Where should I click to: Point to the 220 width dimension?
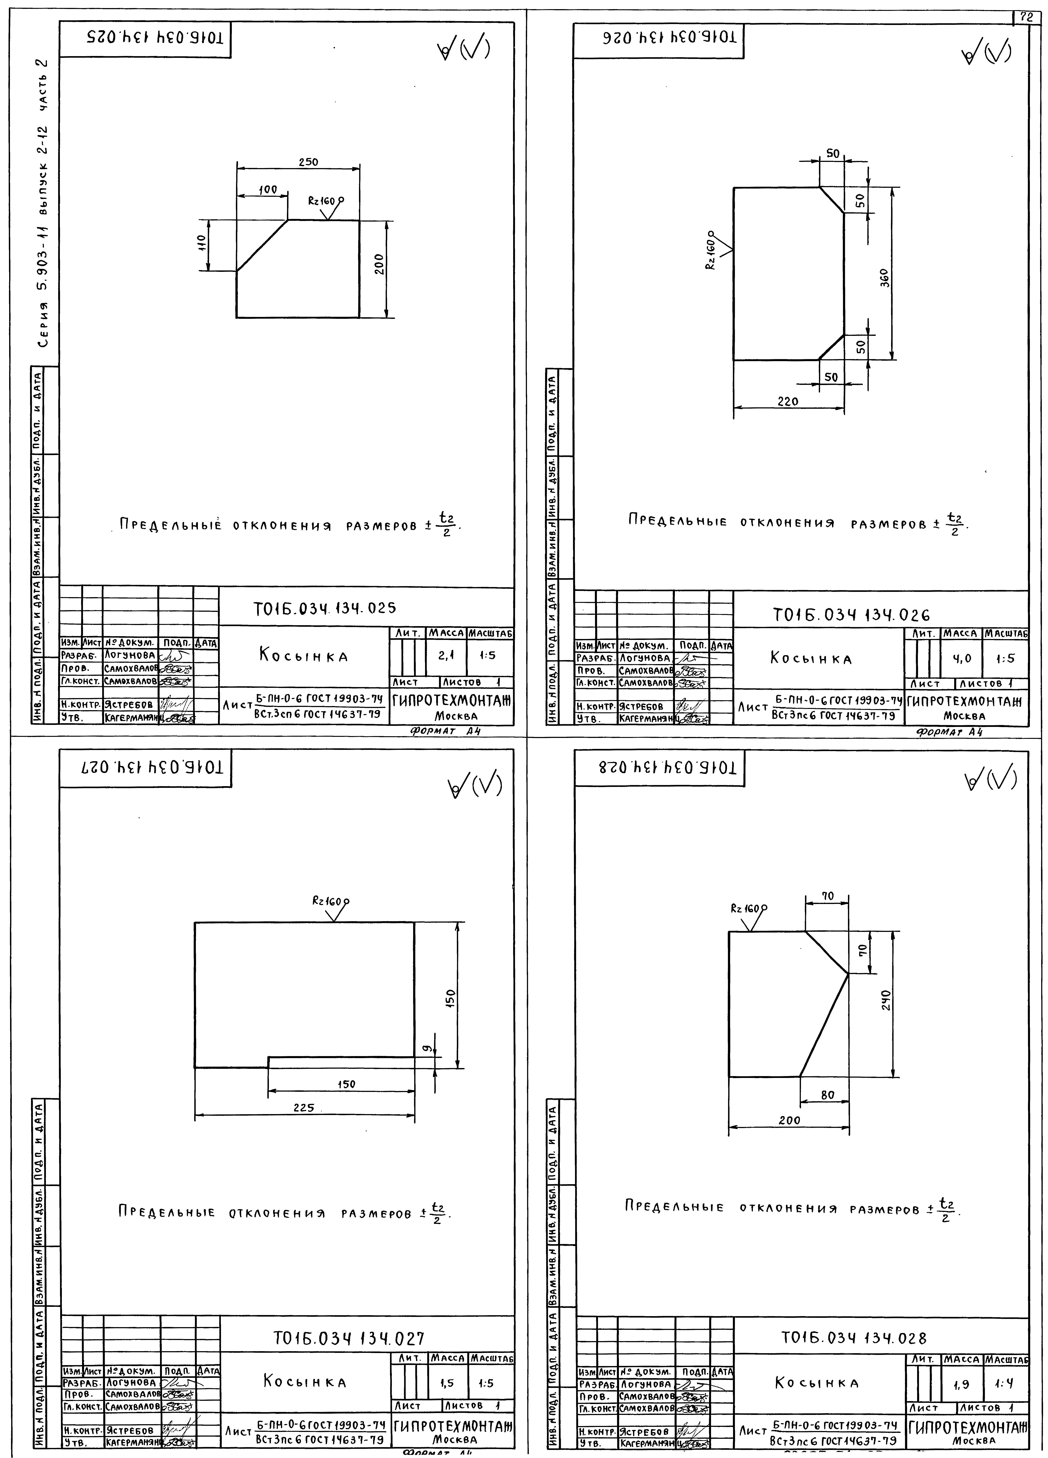pos(788,401)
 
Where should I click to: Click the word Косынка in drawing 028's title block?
pos(816,1382)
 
